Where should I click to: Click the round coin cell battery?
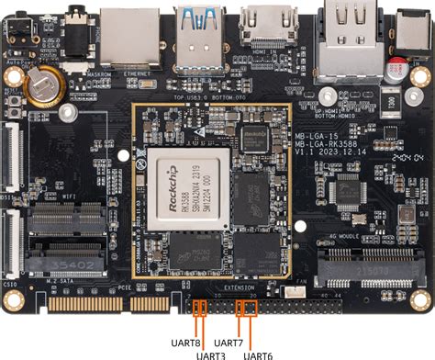pos(42,88)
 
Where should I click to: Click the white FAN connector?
pos(294,293)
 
